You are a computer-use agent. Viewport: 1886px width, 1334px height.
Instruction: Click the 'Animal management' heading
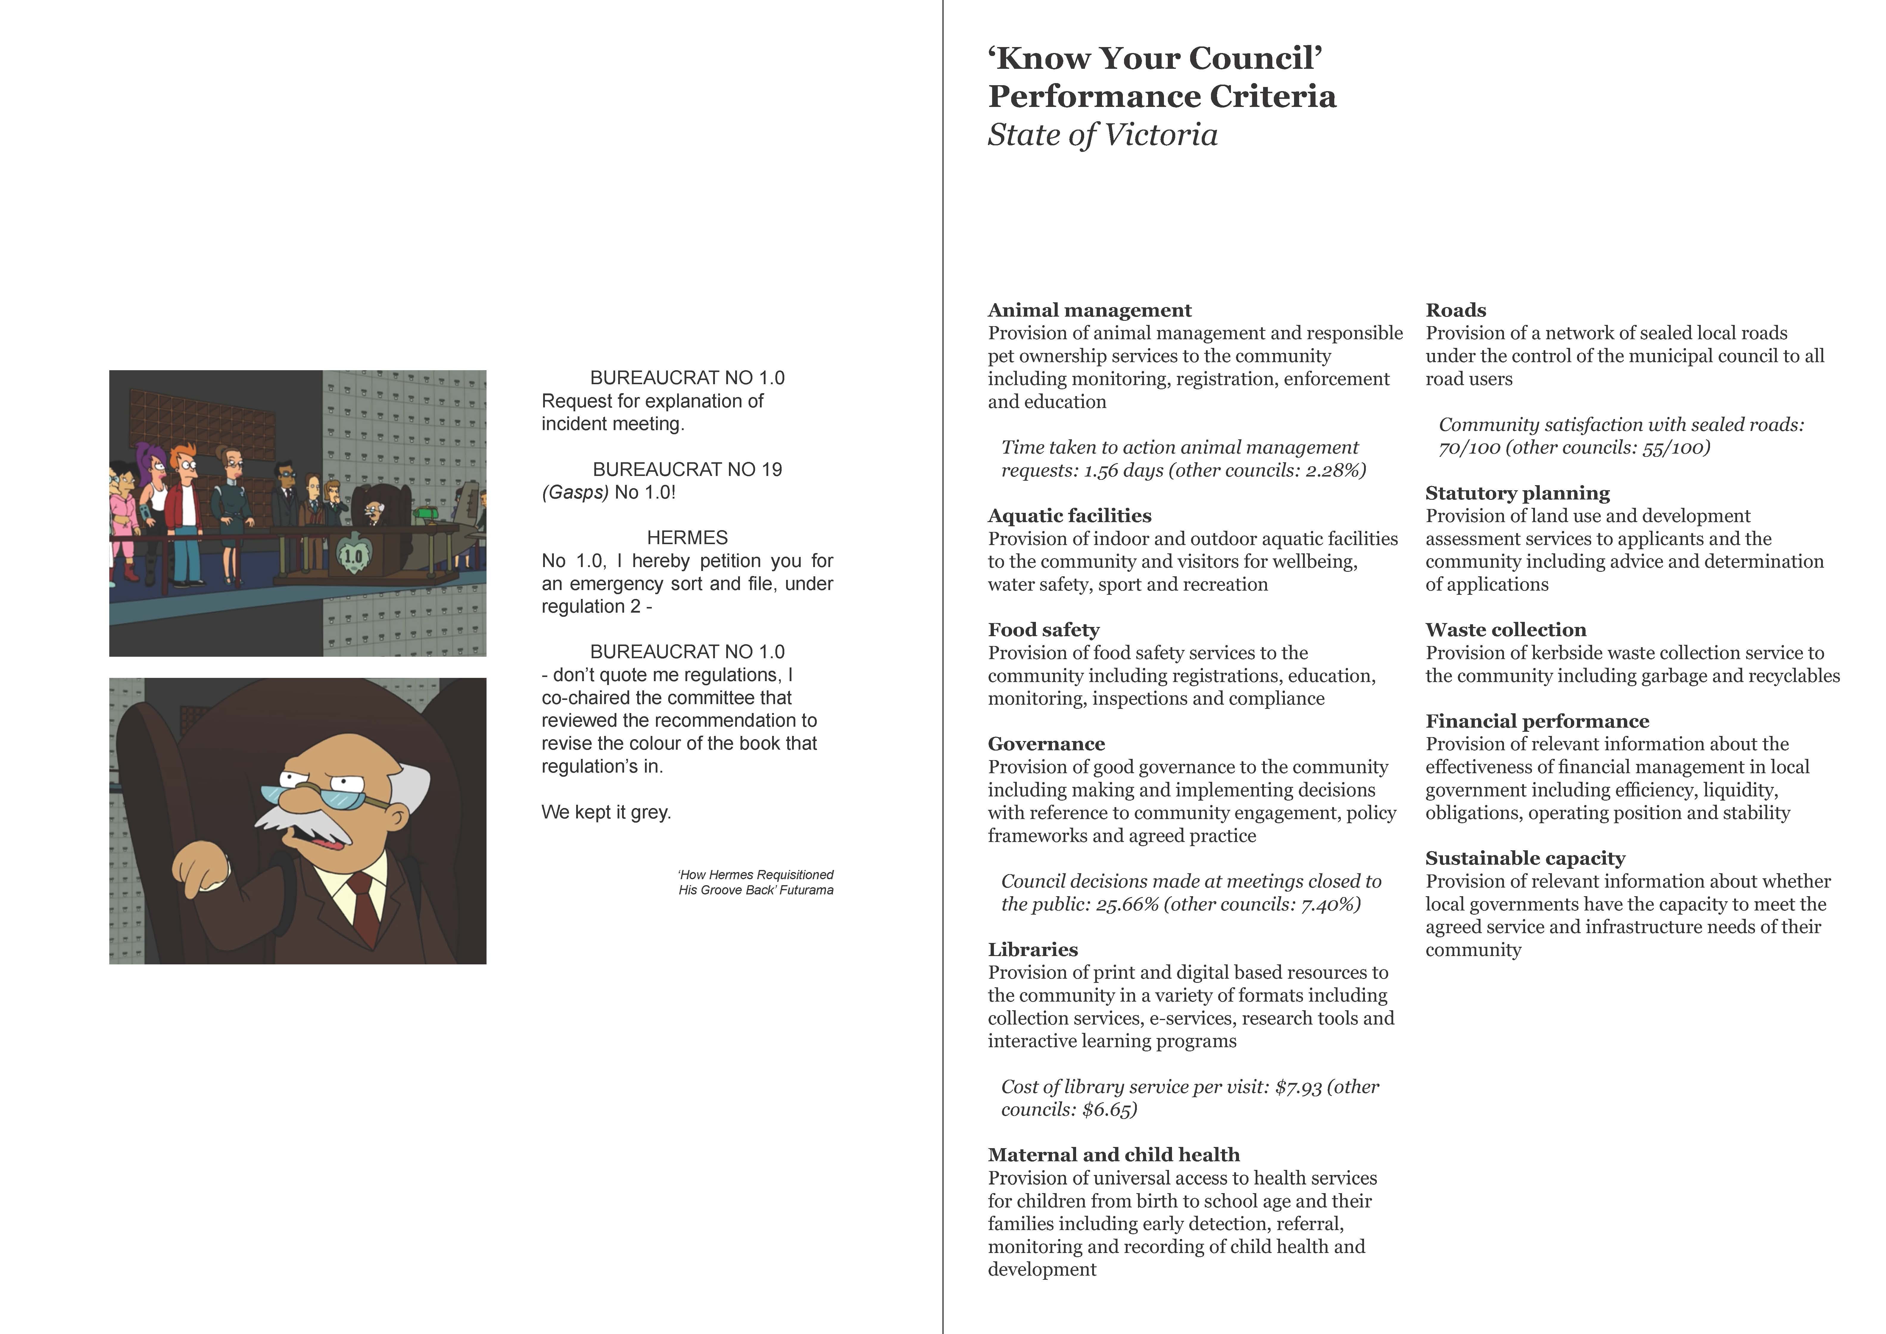1089,311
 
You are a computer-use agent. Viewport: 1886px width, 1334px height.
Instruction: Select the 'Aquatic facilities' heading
1070,516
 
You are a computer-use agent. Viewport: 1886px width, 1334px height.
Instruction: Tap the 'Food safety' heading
1043,630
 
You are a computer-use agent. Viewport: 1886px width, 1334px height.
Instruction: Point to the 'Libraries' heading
1033,949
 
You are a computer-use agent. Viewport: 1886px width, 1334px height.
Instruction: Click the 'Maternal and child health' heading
1113,1155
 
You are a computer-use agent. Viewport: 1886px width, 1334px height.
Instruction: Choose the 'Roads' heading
1455,311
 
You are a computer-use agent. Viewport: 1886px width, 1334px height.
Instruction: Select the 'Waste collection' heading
1506,630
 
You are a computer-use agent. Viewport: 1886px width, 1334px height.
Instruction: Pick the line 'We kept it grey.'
606,812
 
